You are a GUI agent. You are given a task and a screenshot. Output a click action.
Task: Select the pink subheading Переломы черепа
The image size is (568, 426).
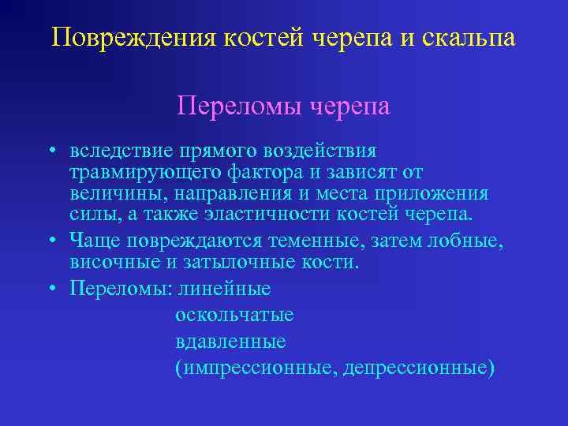click(x=284, y=105)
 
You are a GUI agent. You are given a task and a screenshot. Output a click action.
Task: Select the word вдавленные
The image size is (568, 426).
click(x=230, y=342)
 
